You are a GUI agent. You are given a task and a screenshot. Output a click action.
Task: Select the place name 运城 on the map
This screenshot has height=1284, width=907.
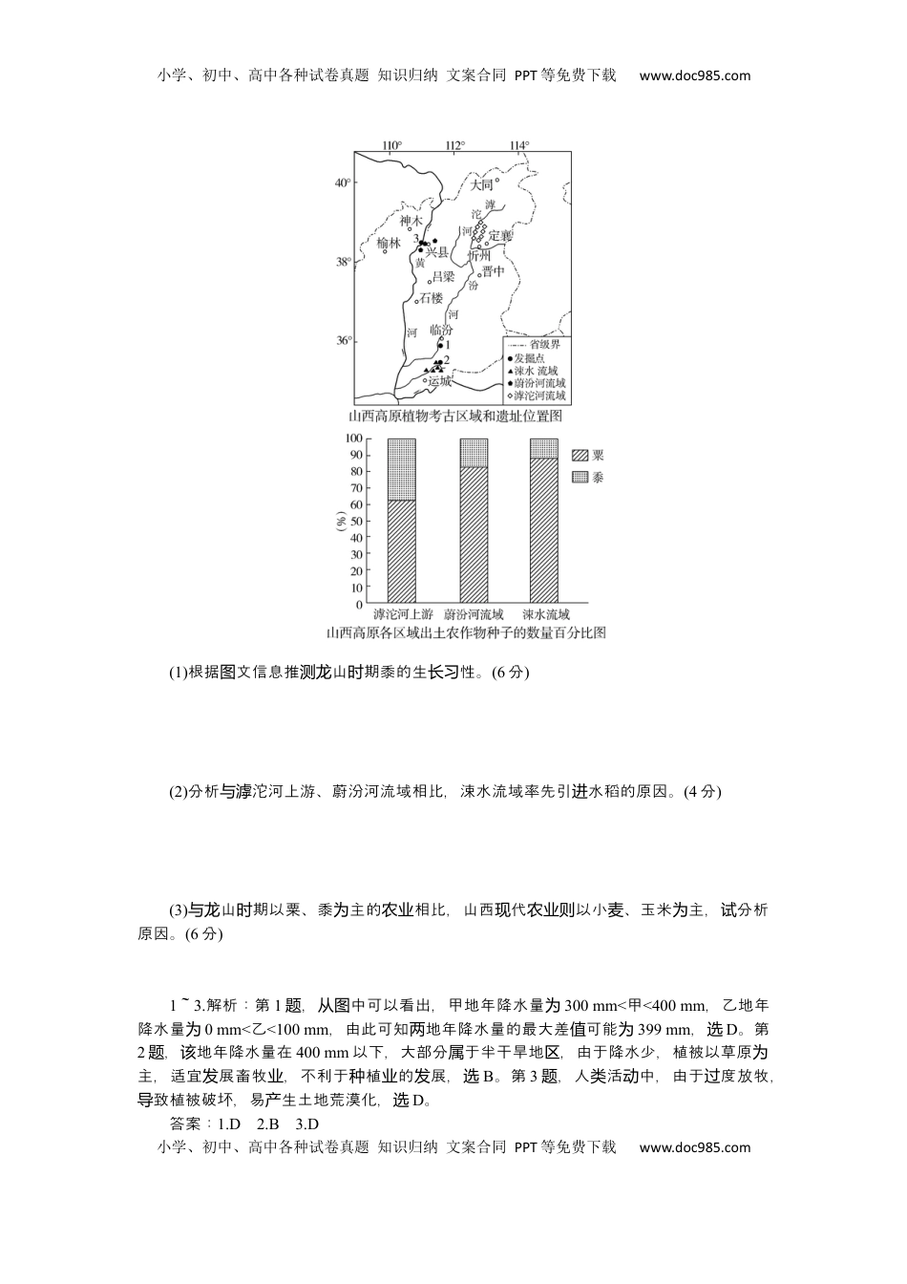point(440,380)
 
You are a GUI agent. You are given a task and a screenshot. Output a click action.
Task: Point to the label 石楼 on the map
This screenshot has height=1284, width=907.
point(432,298)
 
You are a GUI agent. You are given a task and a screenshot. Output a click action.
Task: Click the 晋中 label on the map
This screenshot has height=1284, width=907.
point(493,271)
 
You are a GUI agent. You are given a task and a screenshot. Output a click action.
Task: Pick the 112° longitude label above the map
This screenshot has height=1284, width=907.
point(454,145)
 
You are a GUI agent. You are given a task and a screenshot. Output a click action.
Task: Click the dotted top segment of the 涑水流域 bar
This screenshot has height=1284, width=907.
point(543,448)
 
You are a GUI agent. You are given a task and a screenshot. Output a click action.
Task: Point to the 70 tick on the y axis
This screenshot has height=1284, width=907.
point(356,488)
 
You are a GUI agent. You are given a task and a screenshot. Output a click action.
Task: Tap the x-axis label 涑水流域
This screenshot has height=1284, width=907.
point(545,614)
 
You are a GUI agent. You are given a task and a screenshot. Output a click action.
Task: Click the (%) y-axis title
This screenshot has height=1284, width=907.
point(341,522)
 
